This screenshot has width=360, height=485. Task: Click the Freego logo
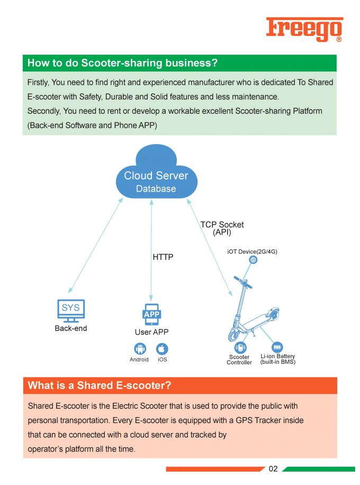point(304,29)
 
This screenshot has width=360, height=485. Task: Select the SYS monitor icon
point(71,311)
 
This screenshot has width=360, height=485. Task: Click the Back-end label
point(71,328)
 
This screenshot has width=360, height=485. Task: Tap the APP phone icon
point(151,315)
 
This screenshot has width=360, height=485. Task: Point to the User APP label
point(151,332)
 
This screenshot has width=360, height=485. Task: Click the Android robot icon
point(140,348)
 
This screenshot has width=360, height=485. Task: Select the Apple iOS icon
point(162,349)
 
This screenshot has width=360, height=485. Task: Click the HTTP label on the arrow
point(163,257)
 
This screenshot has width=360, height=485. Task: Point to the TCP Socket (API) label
point(222,228)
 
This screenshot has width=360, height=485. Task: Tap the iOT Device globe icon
point(253,260)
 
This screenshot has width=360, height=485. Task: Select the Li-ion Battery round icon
point(277,347)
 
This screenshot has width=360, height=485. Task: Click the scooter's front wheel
point(233,335)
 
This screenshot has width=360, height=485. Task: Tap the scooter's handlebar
point(243,282)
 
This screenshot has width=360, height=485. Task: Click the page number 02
point(273,469)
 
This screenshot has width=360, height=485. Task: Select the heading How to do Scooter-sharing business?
point(122,63)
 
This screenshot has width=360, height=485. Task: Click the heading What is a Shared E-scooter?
point(100,385)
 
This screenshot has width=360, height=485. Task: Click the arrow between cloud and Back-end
point(96,245)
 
